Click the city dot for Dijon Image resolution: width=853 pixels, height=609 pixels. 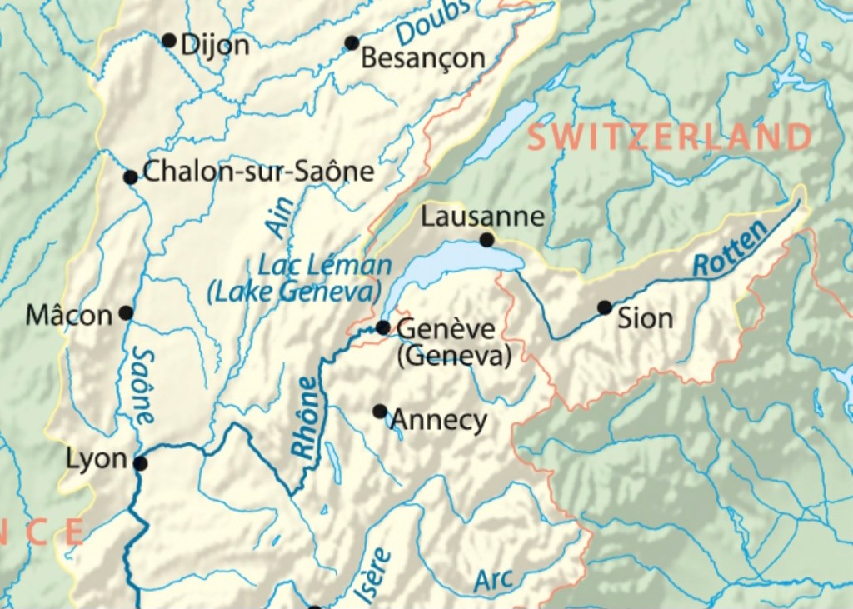[168, 40]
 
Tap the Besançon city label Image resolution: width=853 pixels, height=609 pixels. [423, 58]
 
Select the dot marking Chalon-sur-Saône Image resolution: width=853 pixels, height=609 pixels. [131, 177]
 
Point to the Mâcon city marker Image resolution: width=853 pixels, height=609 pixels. [126, 312]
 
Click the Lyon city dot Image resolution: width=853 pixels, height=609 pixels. [141, 463]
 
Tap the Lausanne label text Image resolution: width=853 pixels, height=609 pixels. [482, 217]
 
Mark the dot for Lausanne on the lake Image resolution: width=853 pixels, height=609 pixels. [487, 240]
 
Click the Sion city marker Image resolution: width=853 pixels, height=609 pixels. [605, 307]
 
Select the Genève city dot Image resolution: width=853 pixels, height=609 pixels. [382, 327]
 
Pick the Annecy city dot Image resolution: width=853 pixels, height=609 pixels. [380, 411]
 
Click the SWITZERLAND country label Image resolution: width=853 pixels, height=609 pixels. [670, 137]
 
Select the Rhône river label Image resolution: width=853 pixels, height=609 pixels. [306, 416]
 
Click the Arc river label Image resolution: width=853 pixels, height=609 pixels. [494, 580]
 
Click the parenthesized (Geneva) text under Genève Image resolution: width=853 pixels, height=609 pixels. [454, 357]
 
